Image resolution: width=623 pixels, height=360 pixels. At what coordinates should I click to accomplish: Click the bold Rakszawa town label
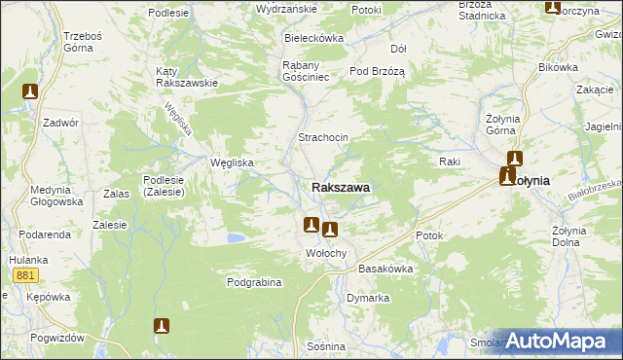pos(340,187)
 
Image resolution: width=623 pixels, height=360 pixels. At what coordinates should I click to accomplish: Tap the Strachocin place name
pos(323,138)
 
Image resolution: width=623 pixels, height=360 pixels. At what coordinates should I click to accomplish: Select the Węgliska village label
pos(233,162)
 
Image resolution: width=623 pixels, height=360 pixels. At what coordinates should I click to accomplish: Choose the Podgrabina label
pos(254,282)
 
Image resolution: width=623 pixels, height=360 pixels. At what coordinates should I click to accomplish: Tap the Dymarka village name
pos(368,298)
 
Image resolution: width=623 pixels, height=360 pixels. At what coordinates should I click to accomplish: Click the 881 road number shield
pos(25,276)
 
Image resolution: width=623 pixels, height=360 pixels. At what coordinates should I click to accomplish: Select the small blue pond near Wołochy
pos(236,237)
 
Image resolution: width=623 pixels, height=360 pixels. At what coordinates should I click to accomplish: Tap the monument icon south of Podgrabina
pos(162,327)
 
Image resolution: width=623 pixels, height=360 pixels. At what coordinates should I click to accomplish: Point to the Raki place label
pos(449,161)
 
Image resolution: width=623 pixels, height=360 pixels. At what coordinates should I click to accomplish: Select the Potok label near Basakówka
pos(429,235)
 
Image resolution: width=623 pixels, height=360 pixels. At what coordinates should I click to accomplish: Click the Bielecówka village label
pos(313,38)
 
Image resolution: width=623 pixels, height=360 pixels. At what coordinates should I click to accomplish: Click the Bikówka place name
pos(558,68)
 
